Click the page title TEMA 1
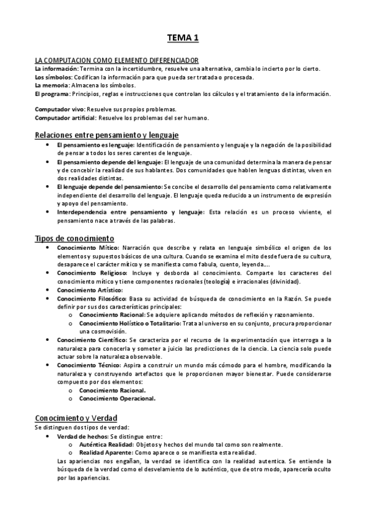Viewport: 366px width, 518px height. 183,38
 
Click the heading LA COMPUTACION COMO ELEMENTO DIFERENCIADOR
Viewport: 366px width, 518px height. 116,60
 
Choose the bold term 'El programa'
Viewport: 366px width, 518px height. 53,94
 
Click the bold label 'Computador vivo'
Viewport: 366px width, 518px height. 59,109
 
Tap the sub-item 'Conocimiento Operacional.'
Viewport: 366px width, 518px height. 117,398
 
